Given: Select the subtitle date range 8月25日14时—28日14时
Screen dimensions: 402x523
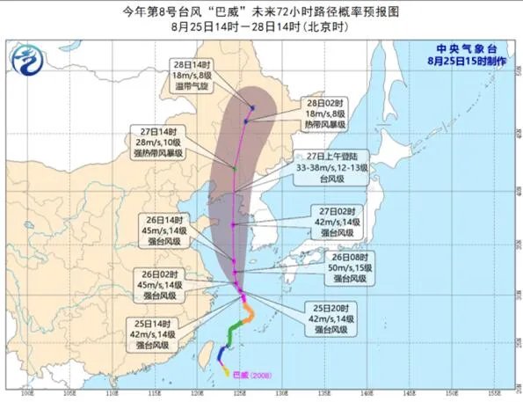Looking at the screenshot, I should [261, 27].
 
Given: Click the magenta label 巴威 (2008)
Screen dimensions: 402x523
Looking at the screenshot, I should [251, 374].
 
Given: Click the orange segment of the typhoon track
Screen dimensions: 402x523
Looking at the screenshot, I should [250, 312].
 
